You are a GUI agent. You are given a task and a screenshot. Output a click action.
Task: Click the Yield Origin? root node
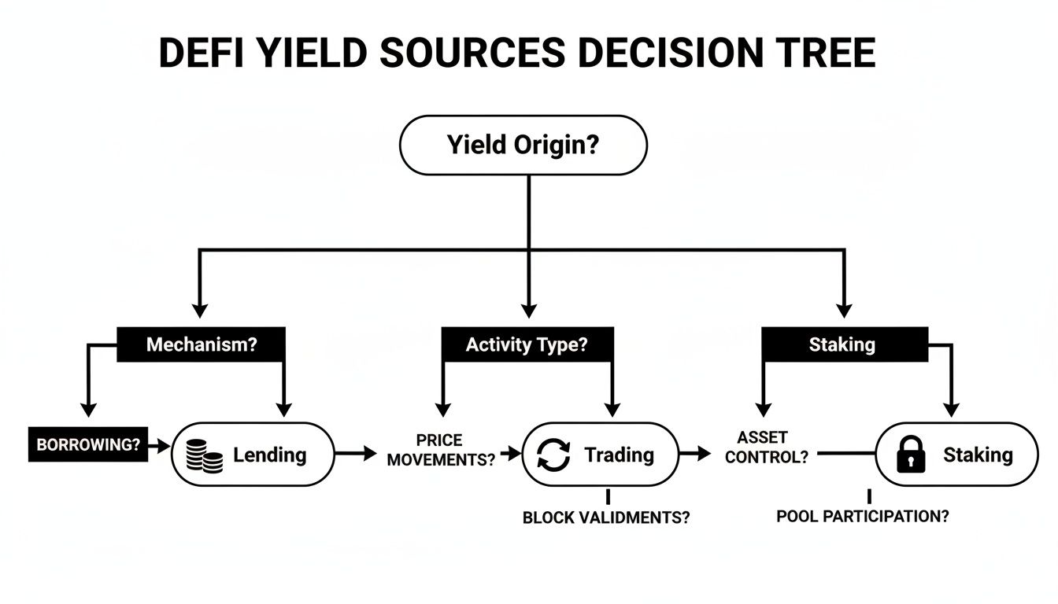[523, 145]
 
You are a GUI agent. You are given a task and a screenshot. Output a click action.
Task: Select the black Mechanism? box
[202, 344]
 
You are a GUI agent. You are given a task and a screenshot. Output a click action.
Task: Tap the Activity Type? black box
[527, 344]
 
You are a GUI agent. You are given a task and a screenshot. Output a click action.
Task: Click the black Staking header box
[842, 344]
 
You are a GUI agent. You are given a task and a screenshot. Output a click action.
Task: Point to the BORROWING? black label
[88, 444]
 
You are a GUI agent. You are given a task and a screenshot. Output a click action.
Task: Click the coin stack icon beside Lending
[205, 455]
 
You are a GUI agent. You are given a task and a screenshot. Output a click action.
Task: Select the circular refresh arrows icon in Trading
[553, 455]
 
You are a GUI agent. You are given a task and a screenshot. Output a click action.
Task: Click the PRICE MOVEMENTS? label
[440, 450]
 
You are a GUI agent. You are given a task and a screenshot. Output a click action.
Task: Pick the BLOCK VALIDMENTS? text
[605, 518]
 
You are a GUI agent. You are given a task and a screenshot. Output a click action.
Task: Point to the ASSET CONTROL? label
[766, 447]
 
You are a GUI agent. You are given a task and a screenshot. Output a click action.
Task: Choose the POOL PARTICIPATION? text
[862, 517]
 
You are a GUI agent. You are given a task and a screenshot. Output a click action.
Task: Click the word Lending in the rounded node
[269, 455]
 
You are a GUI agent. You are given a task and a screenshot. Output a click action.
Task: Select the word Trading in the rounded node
[619, 455]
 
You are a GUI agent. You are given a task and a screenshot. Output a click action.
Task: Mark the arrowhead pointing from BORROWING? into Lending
[165, 446]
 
